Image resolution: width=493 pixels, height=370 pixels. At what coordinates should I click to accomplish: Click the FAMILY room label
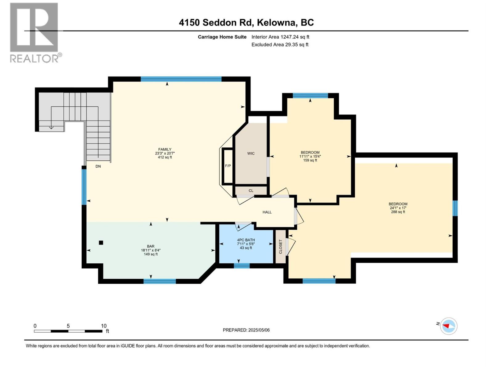[165, 150]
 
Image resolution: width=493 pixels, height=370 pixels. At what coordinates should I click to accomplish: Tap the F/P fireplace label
[228, 166]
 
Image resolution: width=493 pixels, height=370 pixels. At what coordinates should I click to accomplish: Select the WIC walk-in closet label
[251, 154]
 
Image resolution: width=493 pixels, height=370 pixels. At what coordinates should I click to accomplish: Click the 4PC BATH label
[246, 240]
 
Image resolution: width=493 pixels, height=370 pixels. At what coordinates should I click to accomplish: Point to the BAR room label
[151, 246]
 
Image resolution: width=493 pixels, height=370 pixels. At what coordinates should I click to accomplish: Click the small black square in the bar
[101, 243]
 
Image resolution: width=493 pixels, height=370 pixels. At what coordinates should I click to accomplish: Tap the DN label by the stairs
[98, 166]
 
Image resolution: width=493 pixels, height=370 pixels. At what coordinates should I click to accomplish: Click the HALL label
[267, 212]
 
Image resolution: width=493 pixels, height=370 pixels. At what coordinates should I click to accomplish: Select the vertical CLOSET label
[280, 247]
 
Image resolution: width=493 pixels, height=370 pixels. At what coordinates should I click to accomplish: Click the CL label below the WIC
[251, 191]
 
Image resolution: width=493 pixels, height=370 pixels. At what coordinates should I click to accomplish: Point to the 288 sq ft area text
[398, 212]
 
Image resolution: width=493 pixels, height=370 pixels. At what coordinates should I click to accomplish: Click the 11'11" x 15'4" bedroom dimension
[310, 156]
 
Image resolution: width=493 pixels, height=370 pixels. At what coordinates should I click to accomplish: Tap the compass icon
[449, 326]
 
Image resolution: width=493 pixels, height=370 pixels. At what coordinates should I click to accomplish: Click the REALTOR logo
[34, 32]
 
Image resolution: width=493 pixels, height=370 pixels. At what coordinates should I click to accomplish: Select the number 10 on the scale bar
[104, 326]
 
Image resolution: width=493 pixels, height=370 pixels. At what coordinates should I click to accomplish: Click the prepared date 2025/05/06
[259, 330]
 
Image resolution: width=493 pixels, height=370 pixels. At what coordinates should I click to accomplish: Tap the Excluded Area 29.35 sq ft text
[280, 45]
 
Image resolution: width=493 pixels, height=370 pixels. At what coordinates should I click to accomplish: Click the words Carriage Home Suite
[222, 37]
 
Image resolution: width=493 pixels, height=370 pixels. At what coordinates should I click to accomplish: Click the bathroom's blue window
[242, 266]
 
